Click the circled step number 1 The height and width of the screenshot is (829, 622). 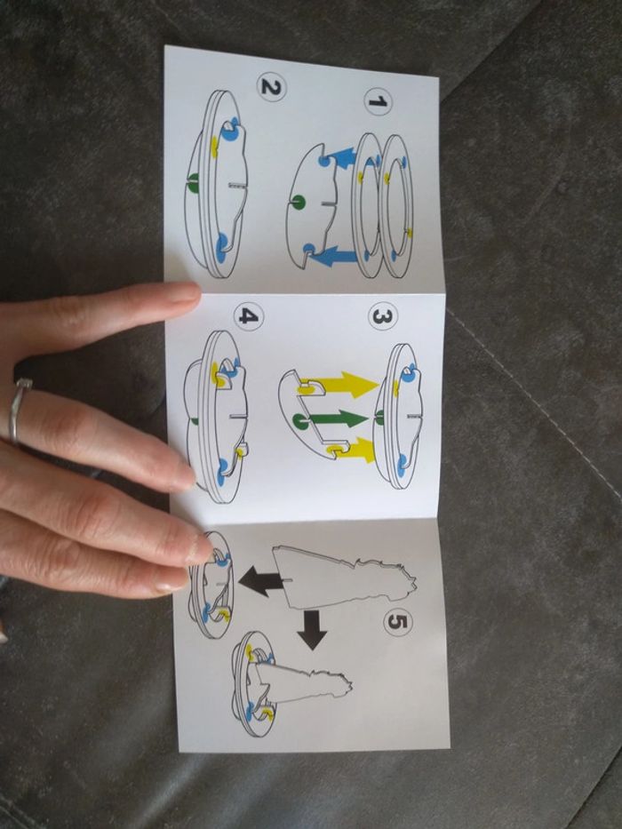pyautogui.click(x=377, y=100)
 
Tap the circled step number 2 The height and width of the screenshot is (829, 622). pyautogui.click(x=271, y=87)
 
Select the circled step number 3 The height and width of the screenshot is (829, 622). pyautogui.click(x=382, y=316)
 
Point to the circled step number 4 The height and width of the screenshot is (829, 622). pyautogui.click(x=249, y=316)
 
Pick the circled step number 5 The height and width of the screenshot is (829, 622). pyautogui.click(x=398, y=622)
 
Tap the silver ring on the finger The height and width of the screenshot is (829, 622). pyautogui.click(x=17, y=410)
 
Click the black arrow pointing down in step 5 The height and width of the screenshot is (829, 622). pyautogui.click(x=312, y=630)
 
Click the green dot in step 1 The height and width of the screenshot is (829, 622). pyautogui.click(x=299, y=202)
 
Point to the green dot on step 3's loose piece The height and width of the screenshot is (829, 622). pyautogui.click(x=299, y=420)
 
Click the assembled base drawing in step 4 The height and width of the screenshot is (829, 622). pyautogui.click(x=216, y=417)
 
